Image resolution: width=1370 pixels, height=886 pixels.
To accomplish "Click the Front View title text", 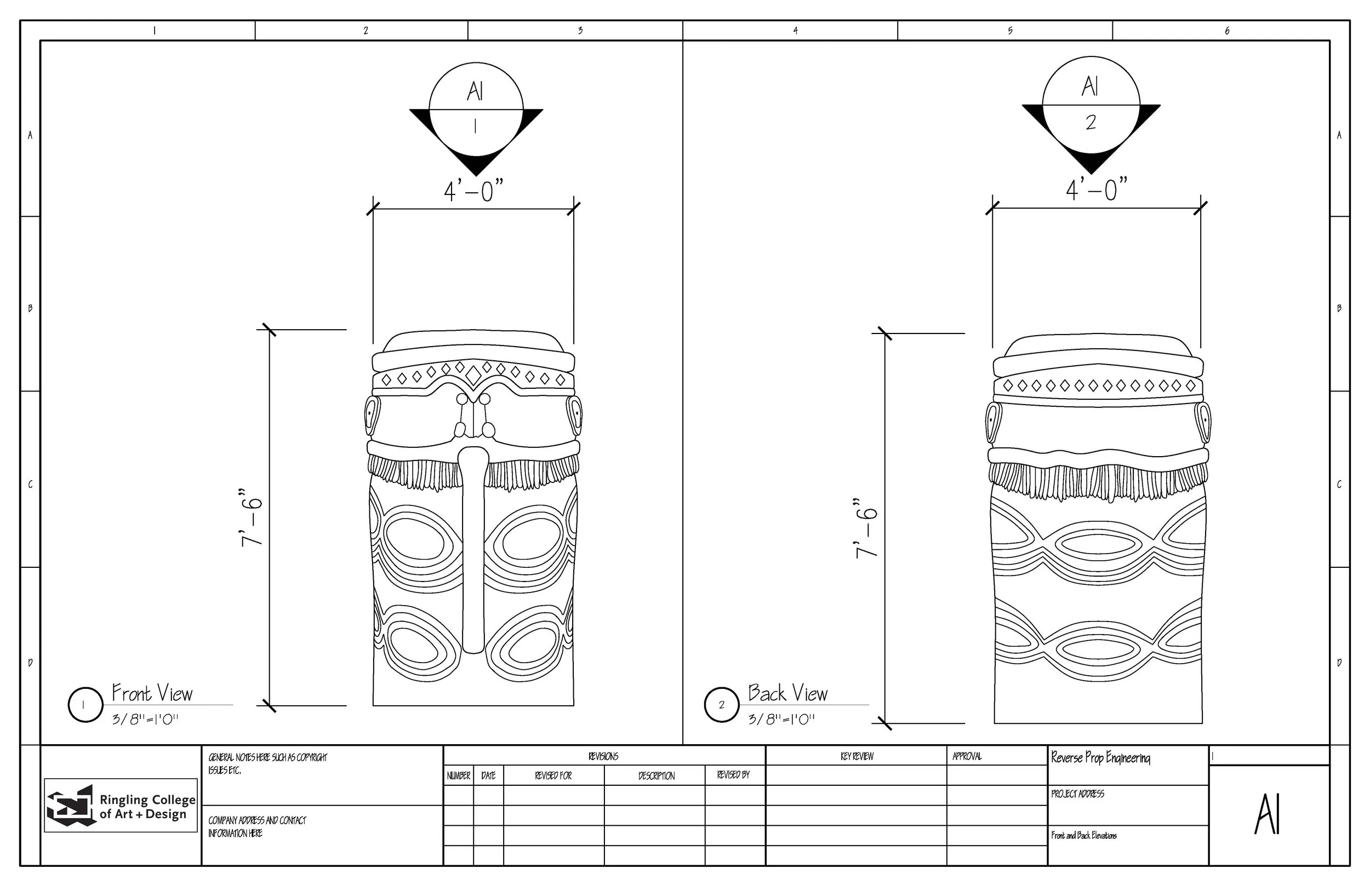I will pos(152,693).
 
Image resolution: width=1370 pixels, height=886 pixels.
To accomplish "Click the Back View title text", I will pos(787,693).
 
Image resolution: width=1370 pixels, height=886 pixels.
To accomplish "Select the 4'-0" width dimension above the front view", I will pos(473,191).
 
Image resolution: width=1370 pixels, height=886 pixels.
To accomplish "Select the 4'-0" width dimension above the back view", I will pos(1096,190).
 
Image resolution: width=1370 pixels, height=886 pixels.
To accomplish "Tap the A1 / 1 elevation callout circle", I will pos(476,110).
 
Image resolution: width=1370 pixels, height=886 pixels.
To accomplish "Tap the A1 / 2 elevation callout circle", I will pos(1091,105).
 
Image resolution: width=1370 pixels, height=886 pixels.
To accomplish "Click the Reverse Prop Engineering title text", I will pos(1100,758).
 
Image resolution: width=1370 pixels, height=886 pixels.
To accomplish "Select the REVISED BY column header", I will pos(733,775).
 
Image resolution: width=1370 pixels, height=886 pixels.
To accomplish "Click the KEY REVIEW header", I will pos(857,757).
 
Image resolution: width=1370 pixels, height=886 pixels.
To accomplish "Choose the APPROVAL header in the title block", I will pos(967,757).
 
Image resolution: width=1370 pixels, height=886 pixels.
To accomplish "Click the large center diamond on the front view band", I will pos(473,376).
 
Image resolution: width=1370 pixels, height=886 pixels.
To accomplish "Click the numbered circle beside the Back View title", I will pos(721,705).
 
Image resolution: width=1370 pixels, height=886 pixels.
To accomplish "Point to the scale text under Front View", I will pos(145,719).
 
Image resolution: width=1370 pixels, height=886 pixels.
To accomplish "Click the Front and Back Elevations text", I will pos(1083,836).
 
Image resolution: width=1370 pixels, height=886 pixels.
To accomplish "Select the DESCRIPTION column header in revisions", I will pos(656,775).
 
